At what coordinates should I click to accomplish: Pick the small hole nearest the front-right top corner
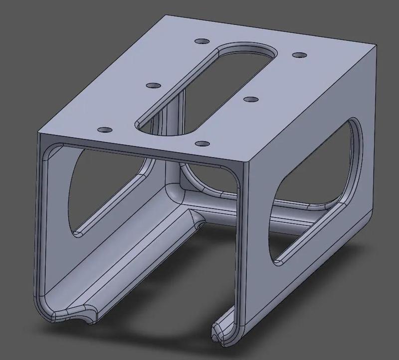(201, 144)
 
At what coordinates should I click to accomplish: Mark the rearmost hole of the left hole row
(201, 41)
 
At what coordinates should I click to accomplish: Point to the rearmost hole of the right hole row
(298, 55)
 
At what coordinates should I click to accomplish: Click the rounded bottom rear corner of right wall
(367, 222)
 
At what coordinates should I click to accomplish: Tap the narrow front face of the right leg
(242, 249)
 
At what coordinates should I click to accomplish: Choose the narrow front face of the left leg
(42, 224)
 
